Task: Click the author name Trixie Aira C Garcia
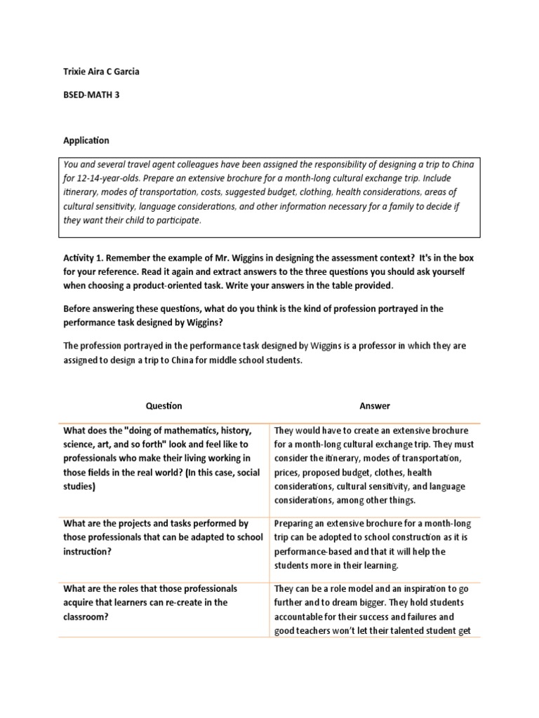click(x=106, y=72)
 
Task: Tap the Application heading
click(x=86, y=140)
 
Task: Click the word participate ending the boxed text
click(x=180, y=220)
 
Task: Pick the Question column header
click(x=164, y=406)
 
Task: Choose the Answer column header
click(x=375, y=406)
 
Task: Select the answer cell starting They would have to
click(x=374, y=466)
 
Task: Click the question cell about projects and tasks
click(x=164, y=537)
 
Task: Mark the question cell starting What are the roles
click(x=164, y=602)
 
